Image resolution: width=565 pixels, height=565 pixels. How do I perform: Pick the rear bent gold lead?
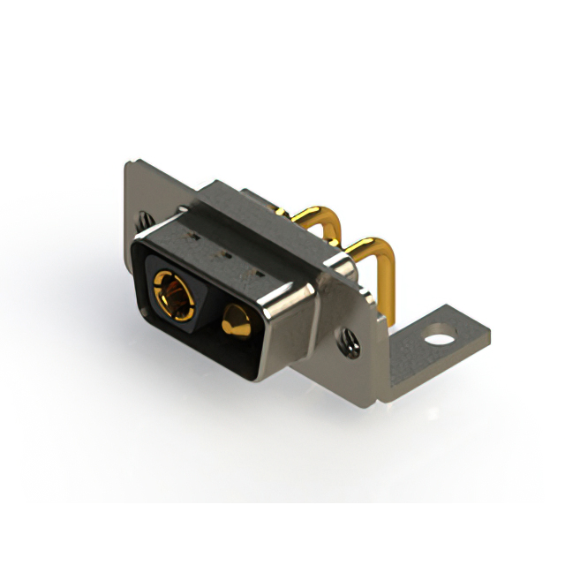click(x=313, y=215)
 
